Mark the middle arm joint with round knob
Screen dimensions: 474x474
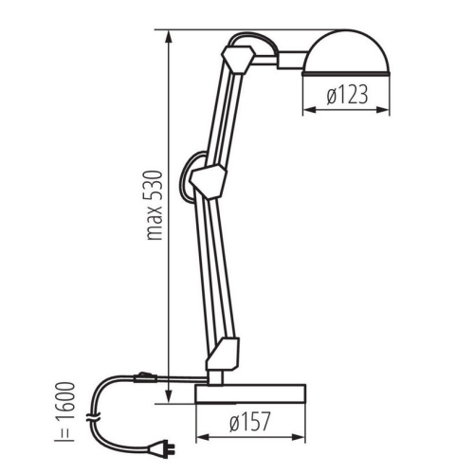pyautogui.click(x=207, y=177)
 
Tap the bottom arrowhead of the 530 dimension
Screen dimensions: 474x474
pyautogui.click(x=169, y=400)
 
